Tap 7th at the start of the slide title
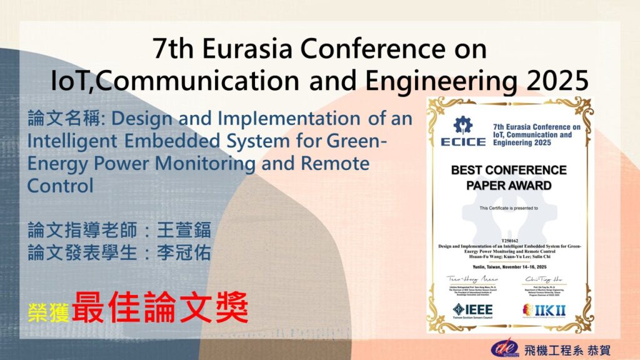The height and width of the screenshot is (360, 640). click(x=174, y=49)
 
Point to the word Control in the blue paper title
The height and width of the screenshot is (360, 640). click(x=61, y=186)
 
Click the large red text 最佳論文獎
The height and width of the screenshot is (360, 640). click(x=160, y=307)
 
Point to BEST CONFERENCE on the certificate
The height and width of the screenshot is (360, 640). click(x=509, y=170)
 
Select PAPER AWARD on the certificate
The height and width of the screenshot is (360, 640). click(x=509, y=185)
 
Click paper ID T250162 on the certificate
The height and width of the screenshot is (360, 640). click(x=509, y=239)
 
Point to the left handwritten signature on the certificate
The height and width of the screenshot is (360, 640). click(x=472, y=279)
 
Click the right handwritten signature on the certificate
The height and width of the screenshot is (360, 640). click(x=542, y=279)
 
